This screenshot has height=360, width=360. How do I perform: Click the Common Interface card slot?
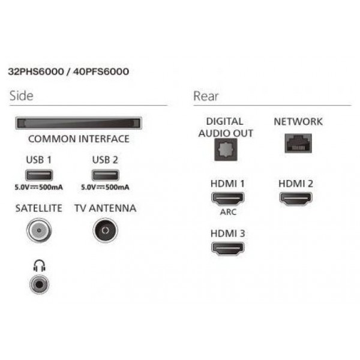pos(79,123)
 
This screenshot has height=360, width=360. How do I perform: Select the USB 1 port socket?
pos(39,175)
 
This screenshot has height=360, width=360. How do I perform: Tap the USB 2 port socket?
pos(106,175)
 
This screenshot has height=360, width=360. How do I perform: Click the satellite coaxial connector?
pos(39,230)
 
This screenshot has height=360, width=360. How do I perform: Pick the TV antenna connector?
pos(106,230)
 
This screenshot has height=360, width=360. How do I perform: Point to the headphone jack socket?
pos(39,284)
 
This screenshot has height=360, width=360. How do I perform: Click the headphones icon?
pos(39,266)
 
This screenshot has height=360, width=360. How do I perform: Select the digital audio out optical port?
pos(226,149)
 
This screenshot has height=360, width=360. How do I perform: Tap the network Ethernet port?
pos(298,143)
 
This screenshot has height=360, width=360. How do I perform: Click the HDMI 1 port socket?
pos(227,199)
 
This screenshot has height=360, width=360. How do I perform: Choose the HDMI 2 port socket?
pos(296,199)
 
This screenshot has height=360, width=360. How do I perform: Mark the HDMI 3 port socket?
pos(227,248)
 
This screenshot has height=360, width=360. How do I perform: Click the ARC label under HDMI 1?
pos(228,212)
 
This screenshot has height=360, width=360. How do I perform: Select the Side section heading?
pos(22,96)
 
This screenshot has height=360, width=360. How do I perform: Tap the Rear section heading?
pos(206,96)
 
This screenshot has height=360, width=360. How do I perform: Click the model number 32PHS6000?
pos(36,71)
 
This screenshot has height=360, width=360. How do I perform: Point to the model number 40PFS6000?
pos(101,71)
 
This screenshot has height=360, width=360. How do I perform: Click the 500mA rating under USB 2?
pos(118,187)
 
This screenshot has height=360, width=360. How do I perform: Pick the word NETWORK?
pos(298,122)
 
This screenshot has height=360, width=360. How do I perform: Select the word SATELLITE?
pos(39,208)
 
